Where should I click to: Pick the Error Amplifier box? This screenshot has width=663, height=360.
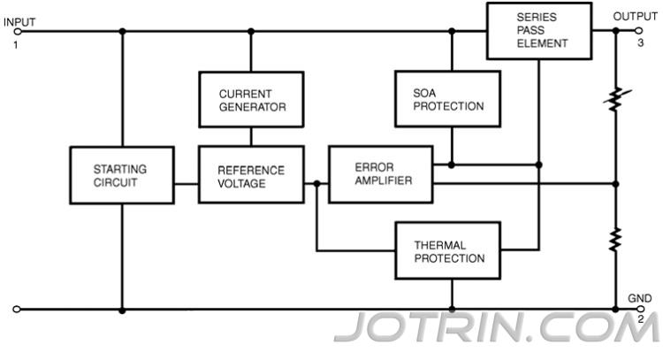click(380, 173)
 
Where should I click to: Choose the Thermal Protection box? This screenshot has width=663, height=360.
click(449, 251)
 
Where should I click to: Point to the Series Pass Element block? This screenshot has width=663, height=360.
click(538, 30)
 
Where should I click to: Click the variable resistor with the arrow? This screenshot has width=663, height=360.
click(616, 100)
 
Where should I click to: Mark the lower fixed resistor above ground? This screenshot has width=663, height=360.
click(616, 239)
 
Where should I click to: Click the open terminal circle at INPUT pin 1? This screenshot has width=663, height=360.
click(16, 31)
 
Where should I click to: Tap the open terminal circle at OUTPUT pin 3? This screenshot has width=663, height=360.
click(639, 30)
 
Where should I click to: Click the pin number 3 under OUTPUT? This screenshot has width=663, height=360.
click(639, 42)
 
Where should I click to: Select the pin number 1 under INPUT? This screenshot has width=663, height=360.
click(15, 43)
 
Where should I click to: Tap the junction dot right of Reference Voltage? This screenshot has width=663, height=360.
click(316, 184)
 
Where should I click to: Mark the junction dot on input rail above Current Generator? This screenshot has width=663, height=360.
click(251, 31)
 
